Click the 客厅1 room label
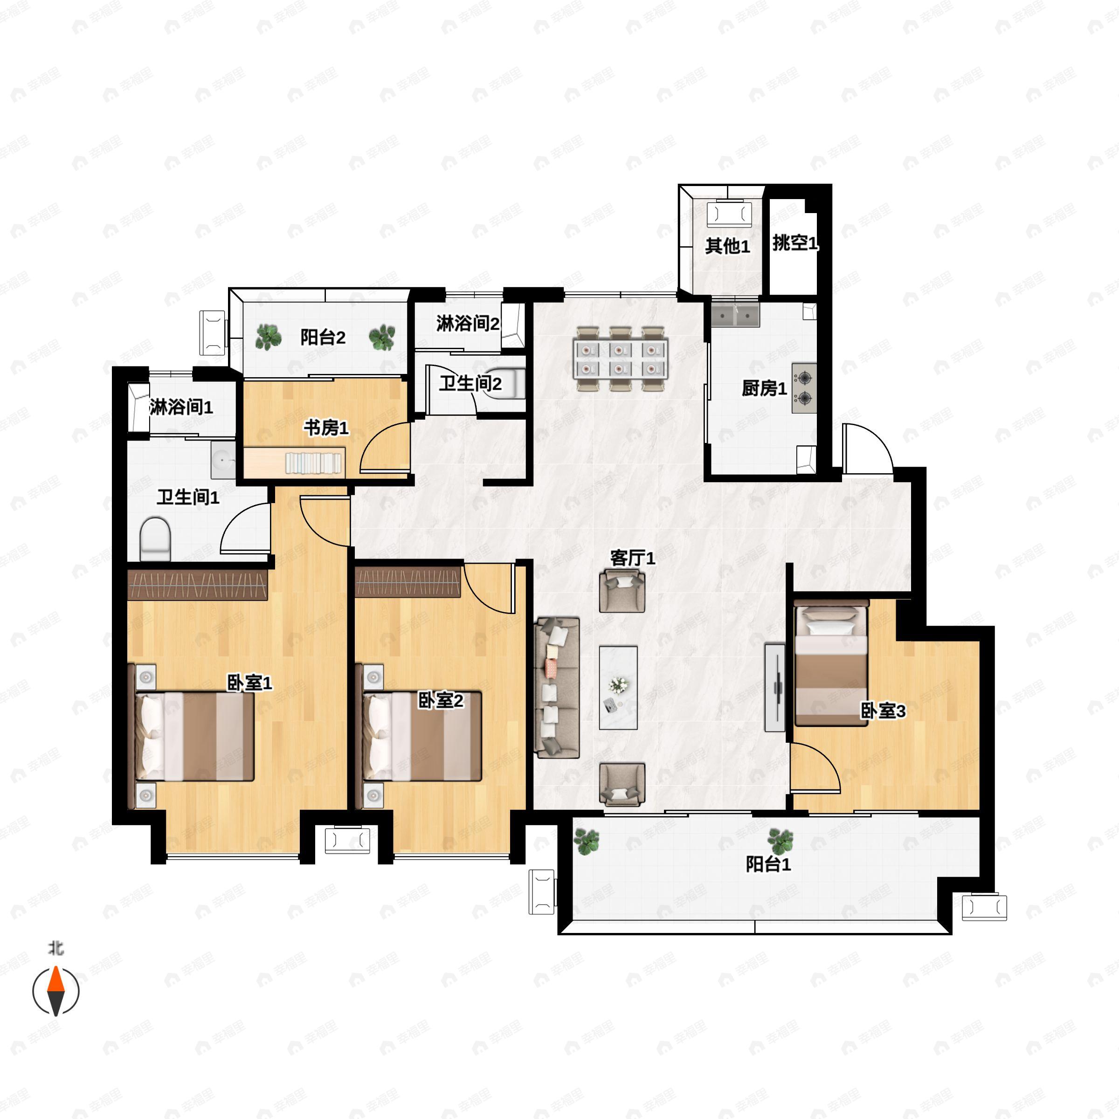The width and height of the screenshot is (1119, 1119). point(633,559)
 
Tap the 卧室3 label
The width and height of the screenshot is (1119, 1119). point(883,711)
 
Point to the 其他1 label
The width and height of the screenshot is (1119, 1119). point(727,246)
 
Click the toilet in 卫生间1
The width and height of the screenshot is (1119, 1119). point(155,539)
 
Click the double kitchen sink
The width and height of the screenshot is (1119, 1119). point(736,316)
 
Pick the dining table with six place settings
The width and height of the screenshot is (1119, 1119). point(620,359)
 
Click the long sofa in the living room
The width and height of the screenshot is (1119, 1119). point(558,688)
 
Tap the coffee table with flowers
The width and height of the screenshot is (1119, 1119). point(618,688)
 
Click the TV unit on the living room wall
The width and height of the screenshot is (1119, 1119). point(774,688)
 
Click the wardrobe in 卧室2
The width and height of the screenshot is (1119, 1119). point(408,581)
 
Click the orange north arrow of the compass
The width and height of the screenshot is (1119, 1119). point(55,980)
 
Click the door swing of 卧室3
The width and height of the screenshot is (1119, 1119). point(822,759)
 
